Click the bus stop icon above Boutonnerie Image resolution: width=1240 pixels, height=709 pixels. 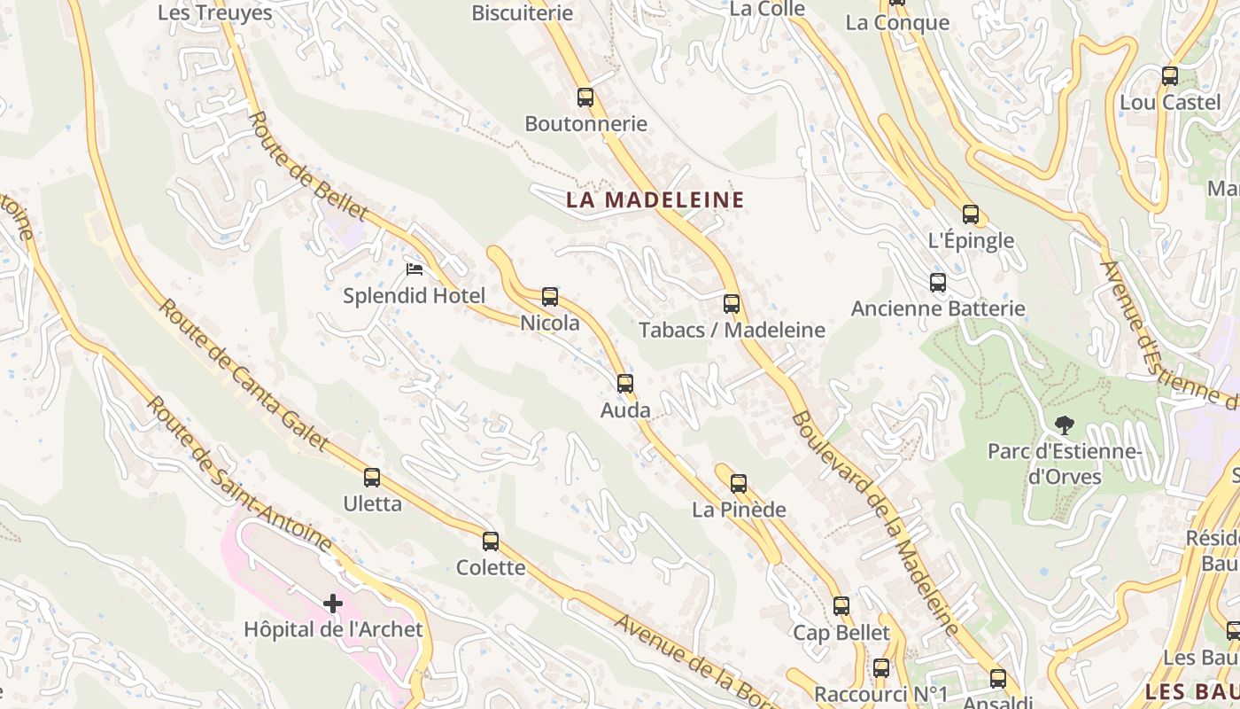pyautogui.click(x=585, y=97)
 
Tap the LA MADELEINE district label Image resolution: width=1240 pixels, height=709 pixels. pyautogui.click(x=655, y=200)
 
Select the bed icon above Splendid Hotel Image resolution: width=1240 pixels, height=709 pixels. pyautogui.click(x=414, y=269)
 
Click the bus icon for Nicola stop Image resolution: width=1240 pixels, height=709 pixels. pyautogui.click(x=550, y=297)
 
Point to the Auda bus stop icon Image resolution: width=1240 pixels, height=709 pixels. pyautogui.click(x=625, y=384)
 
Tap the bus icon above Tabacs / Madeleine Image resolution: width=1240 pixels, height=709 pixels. pyautogui.click(x=732, y=304)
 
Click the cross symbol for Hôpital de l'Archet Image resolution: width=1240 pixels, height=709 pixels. pyautogui.click(x=333, y=604)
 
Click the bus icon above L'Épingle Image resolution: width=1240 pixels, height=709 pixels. pyautogui.click(x=971, y=214)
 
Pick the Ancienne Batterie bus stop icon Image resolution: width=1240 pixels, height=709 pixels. pyautogui.click(x=938, y=283)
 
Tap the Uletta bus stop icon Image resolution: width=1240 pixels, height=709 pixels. pyautogui.click(x=372, y=478)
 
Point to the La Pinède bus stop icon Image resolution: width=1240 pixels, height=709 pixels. pyautogui.click(x=739, y=484)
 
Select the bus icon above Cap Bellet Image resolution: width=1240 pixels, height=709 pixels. pyautogui.click(x=841, y=606)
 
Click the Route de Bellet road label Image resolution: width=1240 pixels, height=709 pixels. pyautogui.click(x=307, y=166)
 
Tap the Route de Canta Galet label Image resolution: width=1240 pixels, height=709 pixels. pyautogui.click(x=243, y=376)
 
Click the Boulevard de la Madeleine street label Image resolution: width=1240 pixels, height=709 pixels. pyautogui.click(x=873, y=523)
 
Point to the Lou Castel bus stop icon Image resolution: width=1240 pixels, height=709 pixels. pyautogui.click(x=1170, y=76)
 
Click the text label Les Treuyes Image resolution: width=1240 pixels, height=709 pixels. pyautogui.click(x=215, y=13)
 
